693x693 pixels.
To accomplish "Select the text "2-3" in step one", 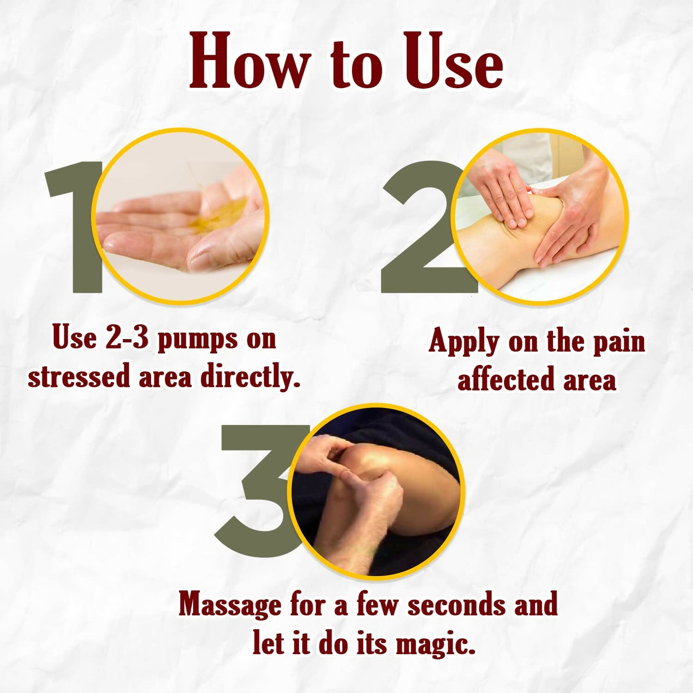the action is [x=128, y=338].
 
